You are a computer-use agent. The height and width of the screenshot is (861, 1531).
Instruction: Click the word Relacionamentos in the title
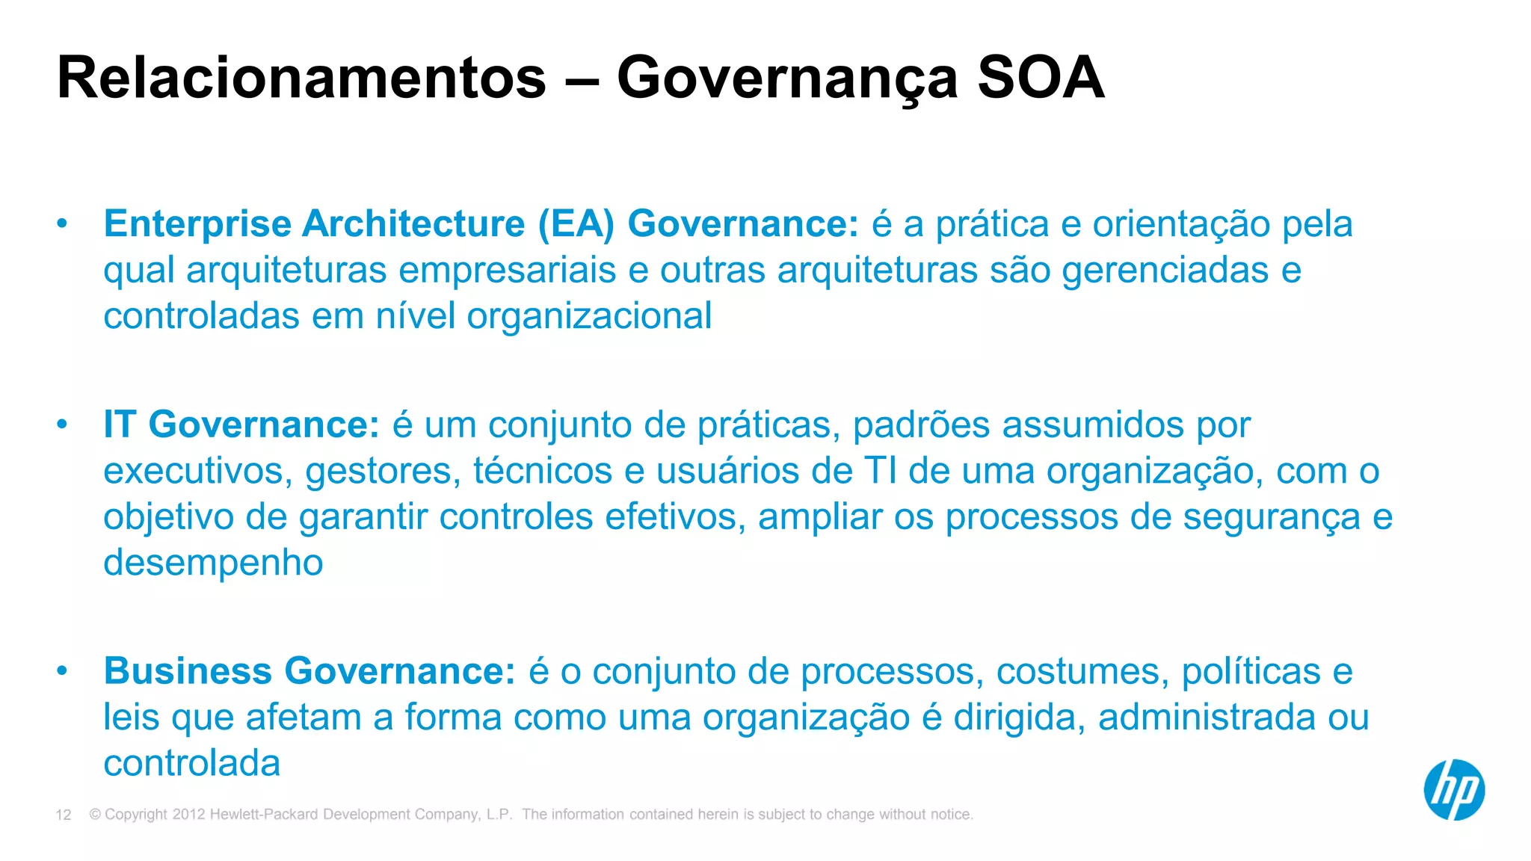(x=301, y=78)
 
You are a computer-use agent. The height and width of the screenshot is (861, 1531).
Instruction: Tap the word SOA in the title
(x=1041, y=78)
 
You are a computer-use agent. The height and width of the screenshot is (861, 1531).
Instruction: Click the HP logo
(x=1454, y=790)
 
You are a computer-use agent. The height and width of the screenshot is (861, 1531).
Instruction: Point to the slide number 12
(x=64, y=815)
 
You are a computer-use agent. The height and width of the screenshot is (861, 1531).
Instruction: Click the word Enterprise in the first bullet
(x=197, y=224)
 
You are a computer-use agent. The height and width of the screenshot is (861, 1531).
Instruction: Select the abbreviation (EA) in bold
(x=576, y=224)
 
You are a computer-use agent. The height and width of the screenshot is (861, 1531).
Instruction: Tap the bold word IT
(x=120, y=425)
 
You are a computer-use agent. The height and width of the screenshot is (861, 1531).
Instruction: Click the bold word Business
(x=188, y=670)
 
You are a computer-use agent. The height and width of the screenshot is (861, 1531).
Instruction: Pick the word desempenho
(x=213, y=563)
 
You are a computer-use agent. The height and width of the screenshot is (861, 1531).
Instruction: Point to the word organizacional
(x=589, y=316)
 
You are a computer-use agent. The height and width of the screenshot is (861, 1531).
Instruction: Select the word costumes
(x=1082, y=670)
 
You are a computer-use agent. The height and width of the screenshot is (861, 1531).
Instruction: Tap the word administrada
(x=1207, y=717)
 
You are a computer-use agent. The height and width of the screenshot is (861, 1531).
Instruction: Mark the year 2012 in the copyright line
(x=188, y=815)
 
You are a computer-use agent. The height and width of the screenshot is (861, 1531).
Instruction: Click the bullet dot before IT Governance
(x=62, y=425)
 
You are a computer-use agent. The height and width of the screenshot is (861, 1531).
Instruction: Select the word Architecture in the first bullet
(x=413, y=224)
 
